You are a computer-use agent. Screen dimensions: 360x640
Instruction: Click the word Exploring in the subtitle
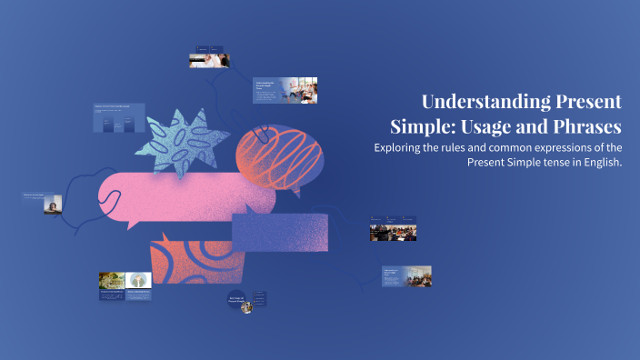403,147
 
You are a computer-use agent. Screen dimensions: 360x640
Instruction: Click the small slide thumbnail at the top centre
209,55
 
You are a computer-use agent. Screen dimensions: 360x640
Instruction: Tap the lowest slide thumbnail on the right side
406,275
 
